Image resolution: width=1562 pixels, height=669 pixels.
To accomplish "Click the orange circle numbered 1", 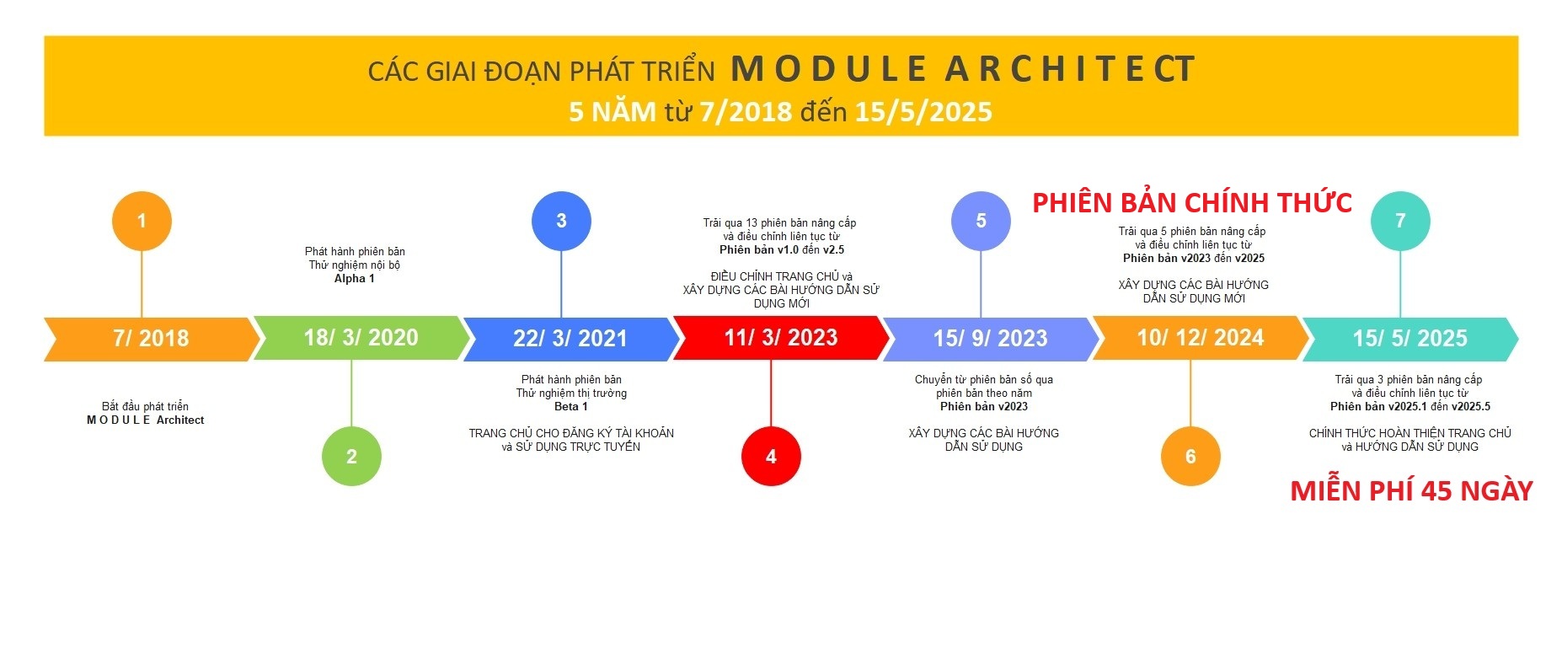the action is (x=142, y=221).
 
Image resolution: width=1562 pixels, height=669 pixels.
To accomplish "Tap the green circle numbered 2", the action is (x=351, y=456).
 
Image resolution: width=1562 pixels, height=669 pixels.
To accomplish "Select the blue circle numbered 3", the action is (x=561, y=221).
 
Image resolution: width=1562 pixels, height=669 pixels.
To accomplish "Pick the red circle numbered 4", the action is (x=771, y=456).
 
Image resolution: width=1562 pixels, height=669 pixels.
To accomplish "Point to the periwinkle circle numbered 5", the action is (x=981, y=221).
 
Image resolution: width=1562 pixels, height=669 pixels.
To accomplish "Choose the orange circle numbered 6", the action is (x=1190, y=456).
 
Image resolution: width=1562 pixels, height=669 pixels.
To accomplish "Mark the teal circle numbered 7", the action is (x=1400, y=221).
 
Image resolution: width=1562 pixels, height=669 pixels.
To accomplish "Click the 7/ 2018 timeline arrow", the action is (x=152, y=339).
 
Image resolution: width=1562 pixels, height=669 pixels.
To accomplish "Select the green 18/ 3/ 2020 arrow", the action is (x=361, y=338).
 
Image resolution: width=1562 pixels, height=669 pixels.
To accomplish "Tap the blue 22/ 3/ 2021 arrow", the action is (x=571, y=339).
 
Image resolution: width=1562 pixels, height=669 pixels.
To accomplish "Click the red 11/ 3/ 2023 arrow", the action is (x=781, y=338).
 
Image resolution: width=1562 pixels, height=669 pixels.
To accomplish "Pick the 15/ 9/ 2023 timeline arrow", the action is (x=991, y=339).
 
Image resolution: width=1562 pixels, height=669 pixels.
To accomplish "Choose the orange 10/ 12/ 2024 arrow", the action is (x=1201, y=338).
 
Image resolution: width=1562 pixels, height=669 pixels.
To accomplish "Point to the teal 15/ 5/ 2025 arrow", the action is (x=1410, y=339).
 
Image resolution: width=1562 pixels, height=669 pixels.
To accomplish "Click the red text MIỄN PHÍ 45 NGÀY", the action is (x=1411, y=490).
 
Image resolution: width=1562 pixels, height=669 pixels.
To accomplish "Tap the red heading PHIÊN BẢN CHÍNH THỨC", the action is (x=1192, y=202).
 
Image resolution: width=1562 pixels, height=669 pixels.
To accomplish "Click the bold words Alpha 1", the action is (x=355, y=279).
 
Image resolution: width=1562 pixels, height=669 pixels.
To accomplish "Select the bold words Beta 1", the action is (x=571, y=407).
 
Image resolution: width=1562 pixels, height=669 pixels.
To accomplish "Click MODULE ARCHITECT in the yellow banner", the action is (x=963, y=69).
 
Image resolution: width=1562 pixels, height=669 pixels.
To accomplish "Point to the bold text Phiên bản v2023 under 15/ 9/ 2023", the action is (x=984, y=407).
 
